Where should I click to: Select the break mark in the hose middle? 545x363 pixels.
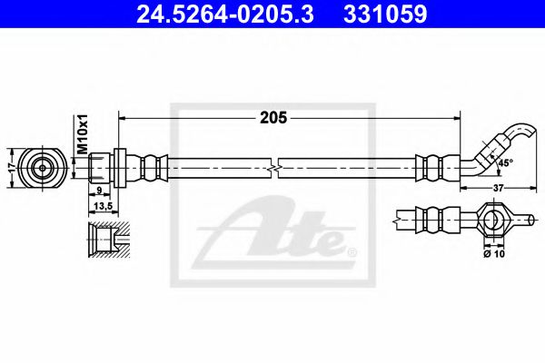point(273,168)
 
